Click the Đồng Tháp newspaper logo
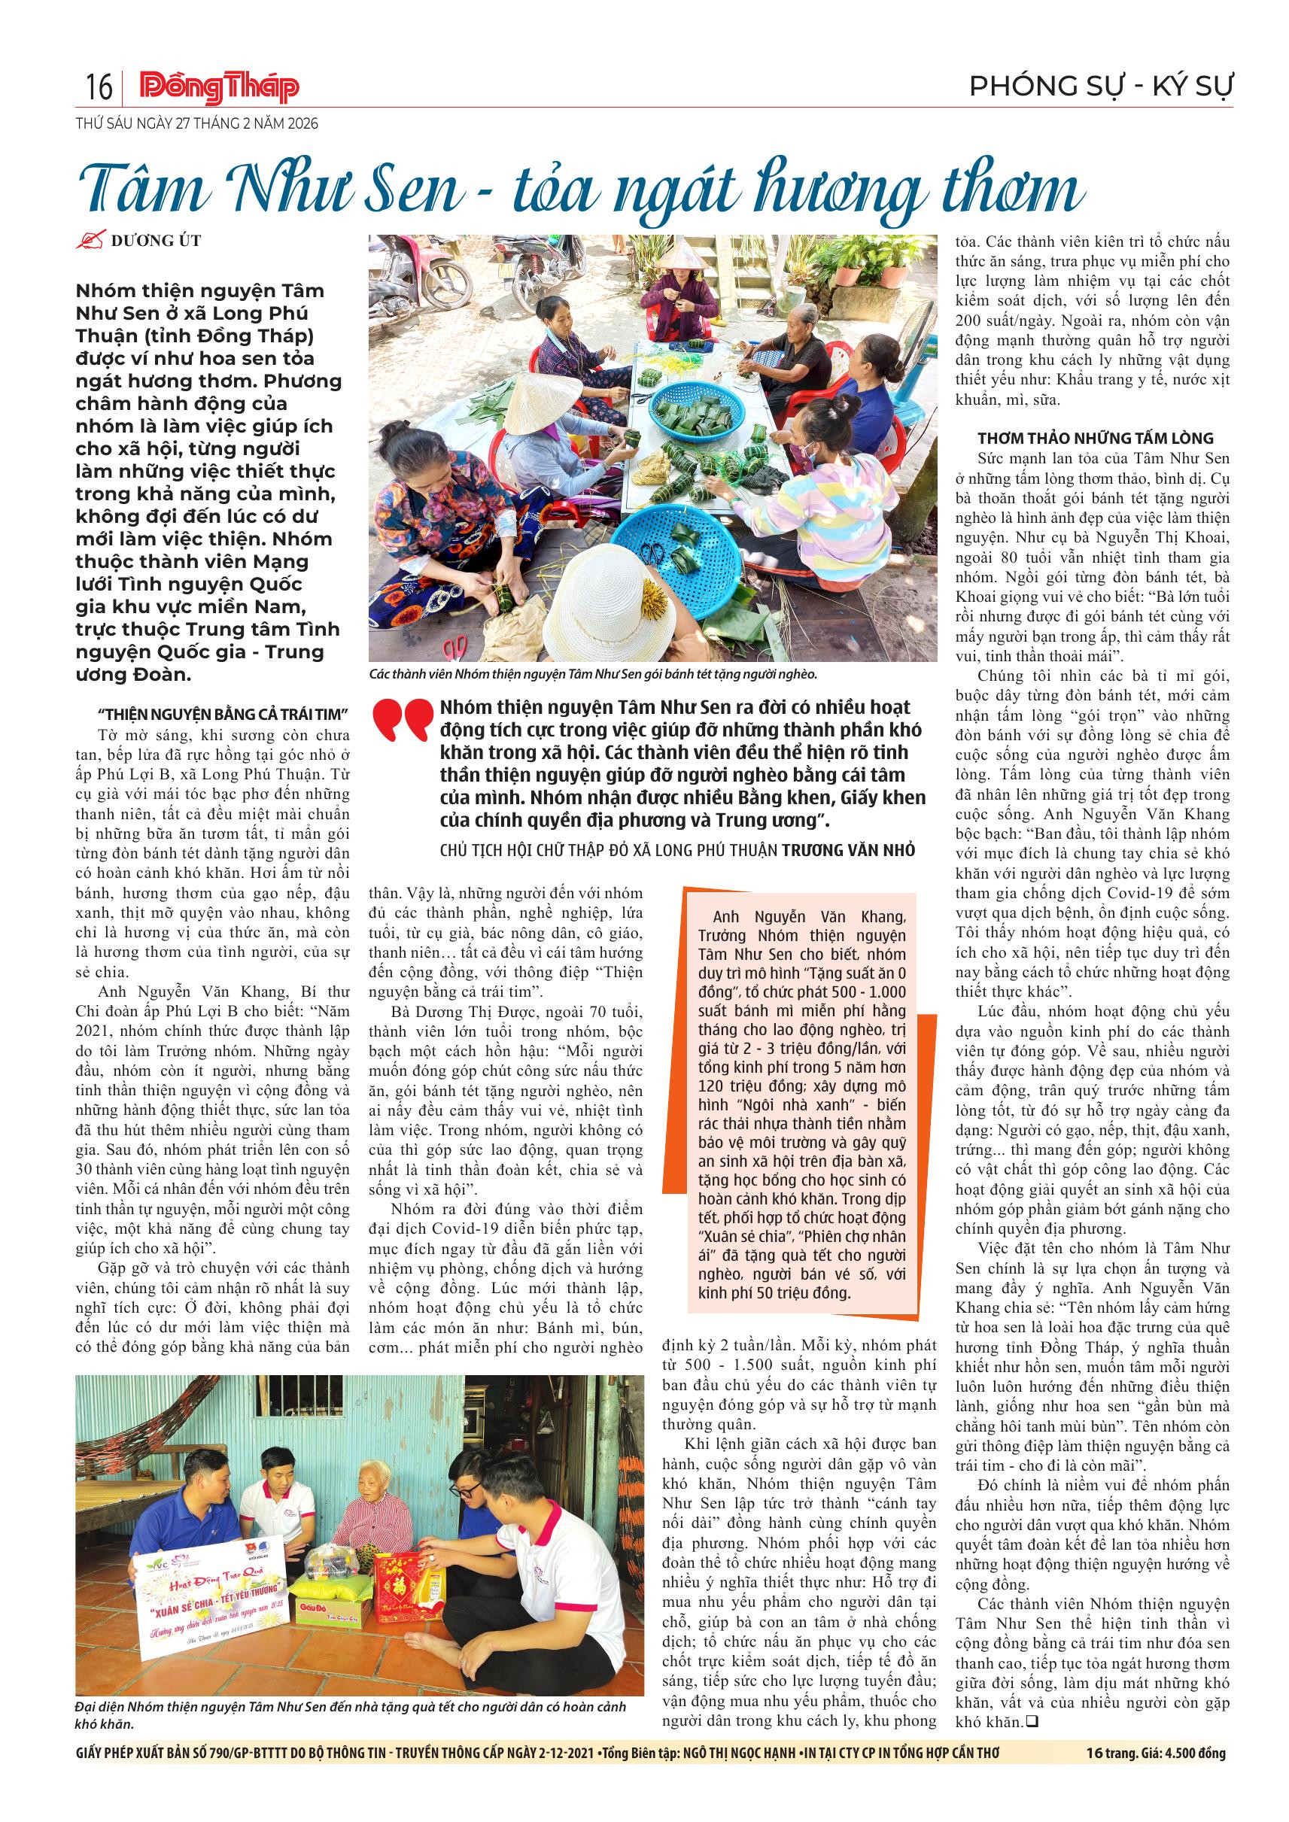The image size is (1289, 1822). pos(220,87)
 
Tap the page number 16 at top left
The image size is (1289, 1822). pos(99,87)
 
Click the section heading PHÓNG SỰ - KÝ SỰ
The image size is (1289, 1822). pos(1101,87)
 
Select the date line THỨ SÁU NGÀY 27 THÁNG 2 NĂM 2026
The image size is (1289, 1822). pos(197,124)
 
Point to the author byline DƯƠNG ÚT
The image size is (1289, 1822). pos(156,241)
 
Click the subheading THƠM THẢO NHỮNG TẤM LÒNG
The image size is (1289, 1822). pos(1096,438)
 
